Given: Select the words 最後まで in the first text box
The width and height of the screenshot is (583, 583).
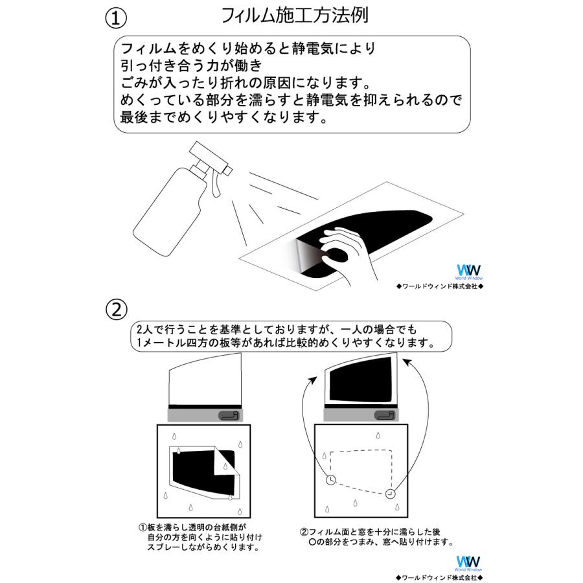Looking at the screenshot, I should pos(148,119).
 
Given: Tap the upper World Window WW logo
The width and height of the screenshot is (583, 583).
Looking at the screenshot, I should pos(465,271).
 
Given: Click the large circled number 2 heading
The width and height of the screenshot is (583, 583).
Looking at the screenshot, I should pos(115,310).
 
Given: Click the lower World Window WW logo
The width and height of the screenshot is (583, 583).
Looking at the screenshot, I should pos(465,561).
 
